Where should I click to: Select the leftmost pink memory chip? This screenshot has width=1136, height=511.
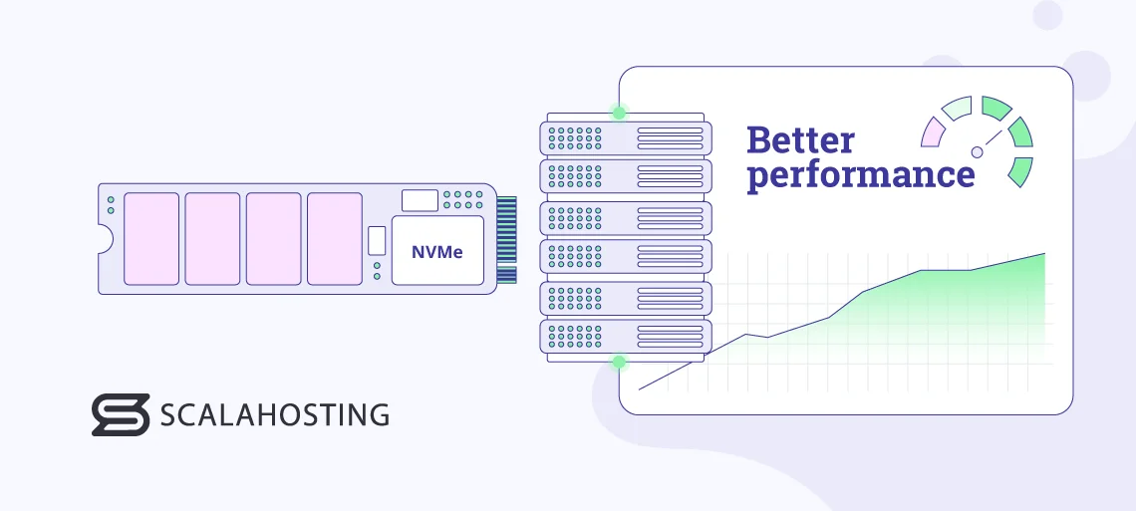151,239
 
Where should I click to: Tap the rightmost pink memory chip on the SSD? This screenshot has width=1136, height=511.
334,239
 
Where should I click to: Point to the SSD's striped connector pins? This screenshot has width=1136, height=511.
507,239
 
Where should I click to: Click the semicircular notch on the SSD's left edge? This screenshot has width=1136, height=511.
104,239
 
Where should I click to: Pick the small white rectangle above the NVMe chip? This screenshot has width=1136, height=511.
420,199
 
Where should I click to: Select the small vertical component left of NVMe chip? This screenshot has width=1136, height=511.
376,240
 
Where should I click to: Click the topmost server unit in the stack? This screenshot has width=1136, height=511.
626,136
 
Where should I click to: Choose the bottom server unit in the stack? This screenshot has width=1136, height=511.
626,337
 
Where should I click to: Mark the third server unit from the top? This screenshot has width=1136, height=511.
626,216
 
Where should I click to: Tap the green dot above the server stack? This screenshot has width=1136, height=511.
619,113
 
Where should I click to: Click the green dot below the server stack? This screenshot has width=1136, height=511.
619,362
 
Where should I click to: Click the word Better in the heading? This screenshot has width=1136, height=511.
800,140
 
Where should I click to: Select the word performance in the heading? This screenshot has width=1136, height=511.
861,175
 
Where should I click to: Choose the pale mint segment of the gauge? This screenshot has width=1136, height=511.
957,109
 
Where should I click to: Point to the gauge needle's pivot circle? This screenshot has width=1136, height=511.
977,151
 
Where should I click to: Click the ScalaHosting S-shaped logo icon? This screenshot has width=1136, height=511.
120,414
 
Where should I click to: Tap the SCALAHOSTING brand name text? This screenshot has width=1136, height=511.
274,414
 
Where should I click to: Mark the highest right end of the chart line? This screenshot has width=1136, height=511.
1044,254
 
